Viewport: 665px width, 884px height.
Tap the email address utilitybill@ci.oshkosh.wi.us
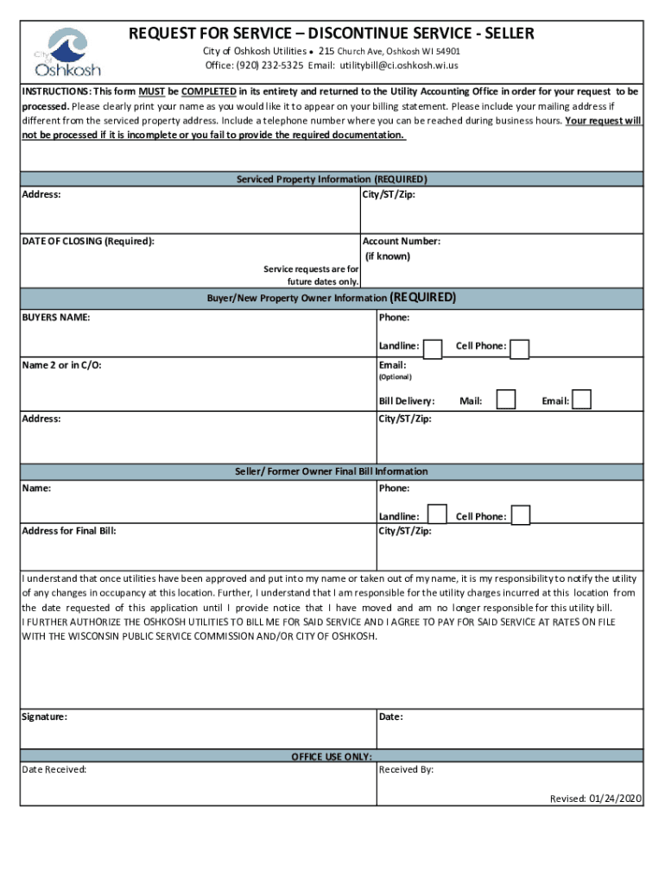(397, 66)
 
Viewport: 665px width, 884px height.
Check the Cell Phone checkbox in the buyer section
(520, 348)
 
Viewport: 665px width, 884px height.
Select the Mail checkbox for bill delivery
(506, 400)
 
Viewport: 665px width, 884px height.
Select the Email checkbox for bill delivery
(582, 400)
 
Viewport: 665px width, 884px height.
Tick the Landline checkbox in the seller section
(437, 515)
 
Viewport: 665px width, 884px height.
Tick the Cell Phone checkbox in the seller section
(520, 515)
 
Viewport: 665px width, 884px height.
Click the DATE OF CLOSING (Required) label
(88, 242)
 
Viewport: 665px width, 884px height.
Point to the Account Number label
(402, 242)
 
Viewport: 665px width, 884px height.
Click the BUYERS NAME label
(56, 318)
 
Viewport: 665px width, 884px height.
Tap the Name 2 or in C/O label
(62, 365)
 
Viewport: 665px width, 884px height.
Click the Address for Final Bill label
(69, 531)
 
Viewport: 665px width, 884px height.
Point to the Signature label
(45, 717)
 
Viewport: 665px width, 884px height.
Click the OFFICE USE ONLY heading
(332, 756)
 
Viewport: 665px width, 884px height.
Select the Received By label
(406, 769)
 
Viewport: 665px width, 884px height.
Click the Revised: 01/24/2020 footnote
(596, 799)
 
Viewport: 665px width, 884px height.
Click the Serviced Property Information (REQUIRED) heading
(332, 180)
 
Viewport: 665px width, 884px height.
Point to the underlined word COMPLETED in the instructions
(209, 91)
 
